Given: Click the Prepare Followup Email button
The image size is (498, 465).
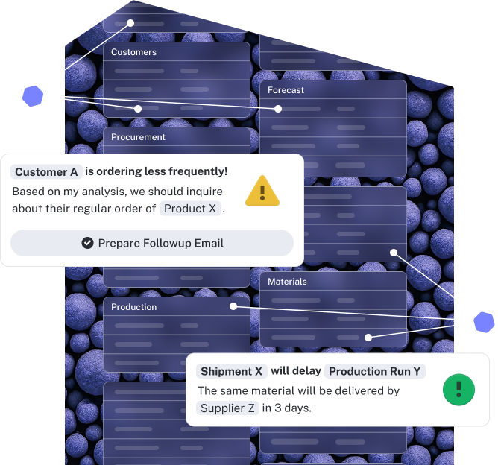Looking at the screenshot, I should pos(152,243).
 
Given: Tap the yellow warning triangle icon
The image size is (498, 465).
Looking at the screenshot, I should pos(262,191).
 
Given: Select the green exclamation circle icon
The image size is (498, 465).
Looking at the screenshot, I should pos(458,389).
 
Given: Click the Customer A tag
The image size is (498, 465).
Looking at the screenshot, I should pos(46,172).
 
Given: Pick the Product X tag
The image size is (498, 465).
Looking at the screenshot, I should pos(190,209).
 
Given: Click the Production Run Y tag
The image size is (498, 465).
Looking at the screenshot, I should pos(375,371).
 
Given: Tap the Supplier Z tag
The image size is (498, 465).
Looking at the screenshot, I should pos(227,408).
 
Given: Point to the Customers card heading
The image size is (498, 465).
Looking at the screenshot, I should pos(133,52).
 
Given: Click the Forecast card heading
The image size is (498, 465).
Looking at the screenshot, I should pos(286,90).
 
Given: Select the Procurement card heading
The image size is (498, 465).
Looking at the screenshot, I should pos(138,137).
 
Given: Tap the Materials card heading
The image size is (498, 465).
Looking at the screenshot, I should pos(287,282).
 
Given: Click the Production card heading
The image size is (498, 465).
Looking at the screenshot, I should pos(134,307).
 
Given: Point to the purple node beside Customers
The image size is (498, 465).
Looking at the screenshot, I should pos(32,96).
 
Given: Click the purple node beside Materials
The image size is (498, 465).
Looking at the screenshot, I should pos(485,322).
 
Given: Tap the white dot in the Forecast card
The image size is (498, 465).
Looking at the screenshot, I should pos(278,109).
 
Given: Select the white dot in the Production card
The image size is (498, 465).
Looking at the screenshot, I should pos(233,306).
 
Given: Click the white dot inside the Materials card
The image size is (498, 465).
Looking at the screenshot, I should pos(368,338).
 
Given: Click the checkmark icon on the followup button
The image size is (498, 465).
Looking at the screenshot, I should pos(87,243).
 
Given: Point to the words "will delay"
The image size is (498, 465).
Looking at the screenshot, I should pos(296,371).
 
